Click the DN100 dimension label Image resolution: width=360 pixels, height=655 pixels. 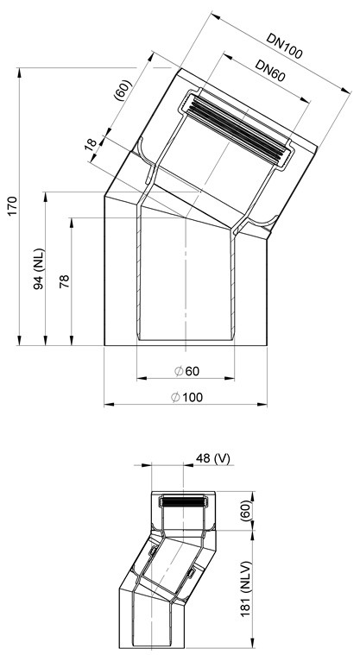click(x=284, y=45)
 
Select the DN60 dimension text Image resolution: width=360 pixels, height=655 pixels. click(x=270, y=71)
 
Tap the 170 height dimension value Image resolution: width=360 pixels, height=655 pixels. click(x=12, y=205)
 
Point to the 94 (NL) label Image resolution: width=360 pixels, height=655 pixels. click(x=39, y=270)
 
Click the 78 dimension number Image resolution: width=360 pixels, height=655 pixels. click(x=65, y=281)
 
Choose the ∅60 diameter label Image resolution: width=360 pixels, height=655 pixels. click(x=186, y=371)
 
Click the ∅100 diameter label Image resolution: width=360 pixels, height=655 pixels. click(x=186, y=397)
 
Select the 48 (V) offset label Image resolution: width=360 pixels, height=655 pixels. click(x=213, y=458)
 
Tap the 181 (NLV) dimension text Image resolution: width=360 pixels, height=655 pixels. click(x=246, y=589)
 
